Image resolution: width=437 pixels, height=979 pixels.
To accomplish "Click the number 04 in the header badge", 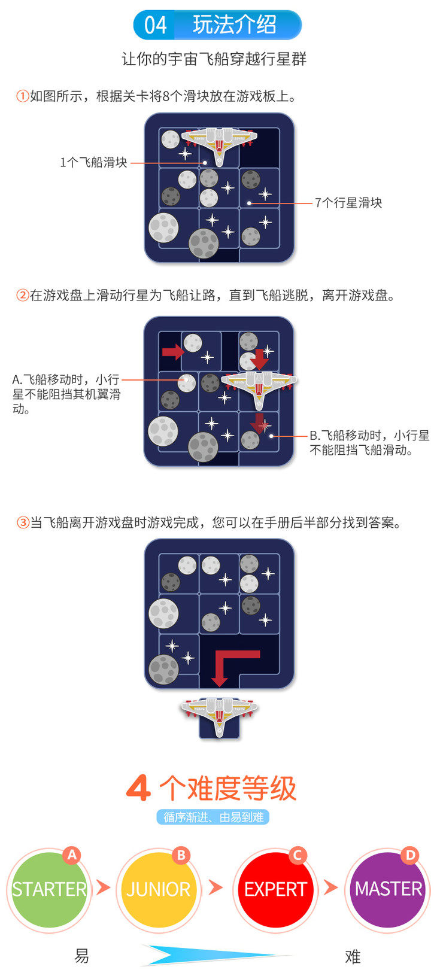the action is point(155,25).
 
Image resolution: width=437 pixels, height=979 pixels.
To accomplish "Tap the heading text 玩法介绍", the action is point(234,25).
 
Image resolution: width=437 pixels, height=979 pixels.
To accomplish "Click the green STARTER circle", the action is point(48,889).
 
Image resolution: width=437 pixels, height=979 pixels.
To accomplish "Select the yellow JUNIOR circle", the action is point(158,889).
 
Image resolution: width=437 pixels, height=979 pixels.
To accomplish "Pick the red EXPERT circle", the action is point(275,889).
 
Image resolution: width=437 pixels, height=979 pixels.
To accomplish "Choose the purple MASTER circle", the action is point(388,889).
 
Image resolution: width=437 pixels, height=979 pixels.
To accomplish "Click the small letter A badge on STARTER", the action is point(72,855).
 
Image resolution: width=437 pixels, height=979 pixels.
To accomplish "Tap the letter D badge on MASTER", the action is point(410,855).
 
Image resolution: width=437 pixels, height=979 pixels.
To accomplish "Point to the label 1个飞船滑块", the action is point(93,163).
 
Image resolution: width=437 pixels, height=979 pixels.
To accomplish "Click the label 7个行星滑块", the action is point(348,203).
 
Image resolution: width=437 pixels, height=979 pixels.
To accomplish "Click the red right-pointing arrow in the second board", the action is point(172,351).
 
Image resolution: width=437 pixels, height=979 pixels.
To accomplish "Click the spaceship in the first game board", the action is point(219,141).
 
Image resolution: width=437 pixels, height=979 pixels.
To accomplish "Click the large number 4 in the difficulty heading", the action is point(138,788).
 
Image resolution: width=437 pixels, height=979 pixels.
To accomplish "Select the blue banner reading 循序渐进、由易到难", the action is point(213,817).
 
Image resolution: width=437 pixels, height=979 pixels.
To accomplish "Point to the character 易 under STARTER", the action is point(81,956).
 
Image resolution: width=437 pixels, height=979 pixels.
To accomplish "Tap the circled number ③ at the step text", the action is point(23,523).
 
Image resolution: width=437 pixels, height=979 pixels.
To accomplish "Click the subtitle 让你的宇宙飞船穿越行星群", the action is point(214,59).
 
